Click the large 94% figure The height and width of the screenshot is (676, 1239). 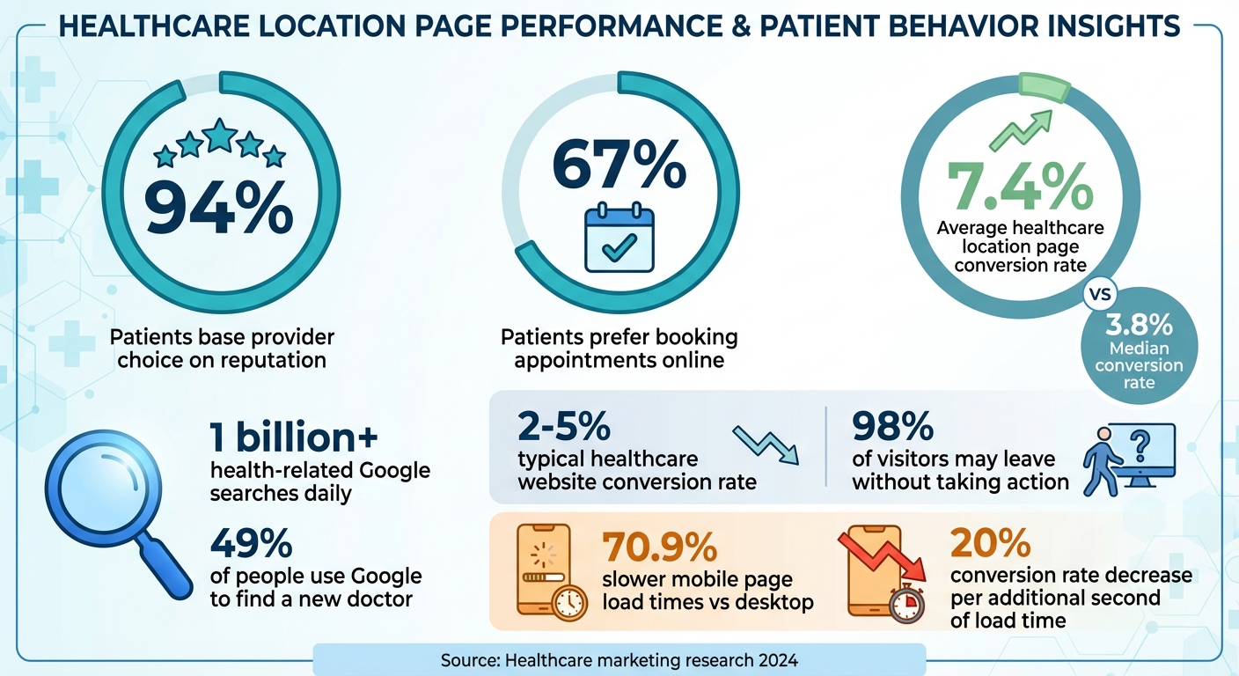(218, 206)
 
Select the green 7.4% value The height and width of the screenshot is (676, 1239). (1020, 186)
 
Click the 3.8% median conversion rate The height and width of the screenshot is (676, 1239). (1140, 326)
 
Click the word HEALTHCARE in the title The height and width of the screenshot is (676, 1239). (157, 27)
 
